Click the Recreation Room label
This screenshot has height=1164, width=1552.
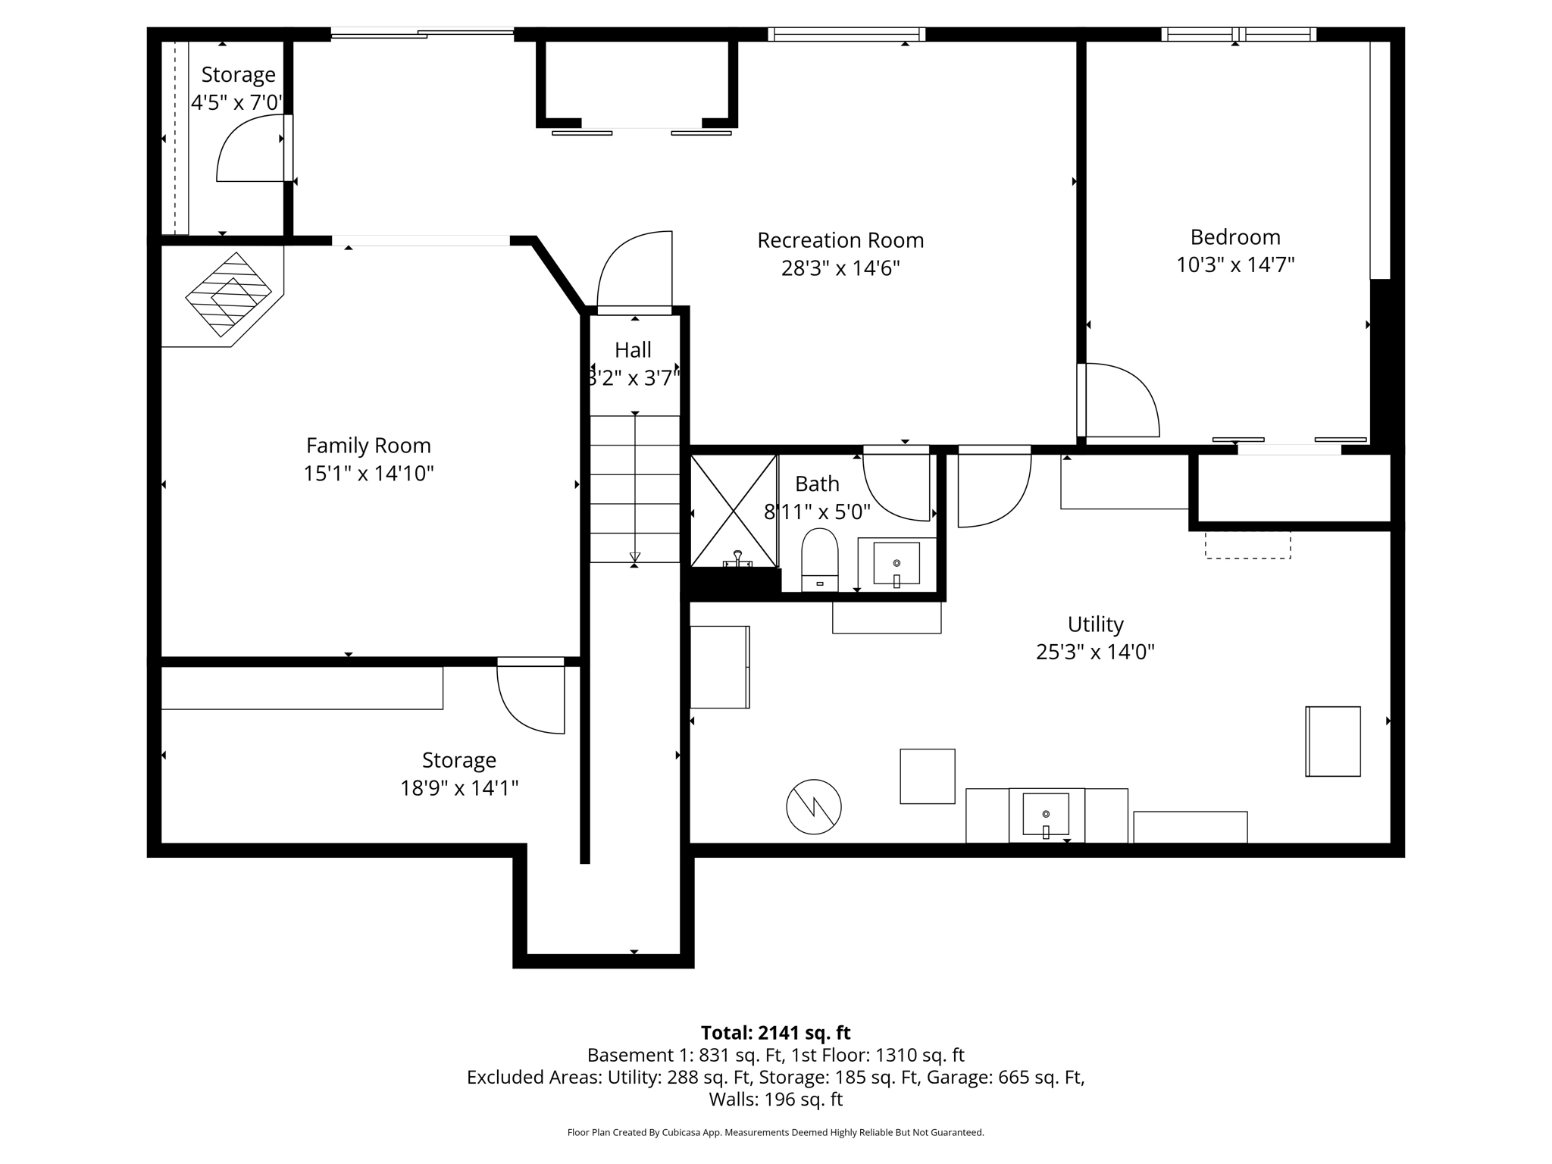tap(840, 240)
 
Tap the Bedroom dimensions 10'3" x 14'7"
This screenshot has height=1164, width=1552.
tap(1234, 265)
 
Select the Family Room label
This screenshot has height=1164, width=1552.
tap(368, 446)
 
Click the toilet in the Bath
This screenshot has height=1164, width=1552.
tap(819, 559)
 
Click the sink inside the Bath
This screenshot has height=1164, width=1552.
tap(896, 563)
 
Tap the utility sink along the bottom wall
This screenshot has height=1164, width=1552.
tap(1046, 815)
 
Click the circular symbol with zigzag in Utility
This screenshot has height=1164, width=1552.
tap(814, 806)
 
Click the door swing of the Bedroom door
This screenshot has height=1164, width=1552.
tap(1120, 400)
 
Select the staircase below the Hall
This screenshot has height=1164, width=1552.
tap(635, 489)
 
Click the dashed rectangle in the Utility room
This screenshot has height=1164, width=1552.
tap(1247, 545)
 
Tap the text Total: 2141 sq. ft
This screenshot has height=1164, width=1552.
tap(775, 1033)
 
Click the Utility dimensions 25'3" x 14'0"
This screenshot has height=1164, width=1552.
tap(1095, 652)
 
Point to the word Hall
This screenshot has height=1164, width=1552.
tap(633, 350)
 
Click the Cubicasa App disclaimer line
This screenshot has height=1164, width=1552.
tap(775, 1133)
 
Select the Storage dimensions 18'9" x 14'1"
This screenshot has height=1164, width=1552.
tap(459, 789)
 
